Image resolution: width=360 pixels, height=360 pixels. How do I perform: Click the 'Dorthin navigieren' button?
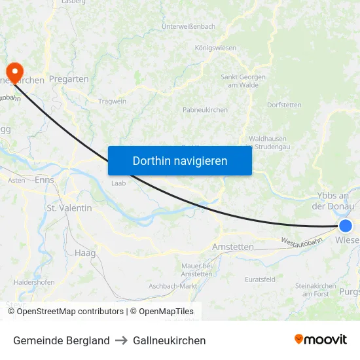coord(180,160)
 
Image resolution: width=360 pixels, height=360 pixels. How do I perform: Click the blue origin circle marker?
coord(345,226)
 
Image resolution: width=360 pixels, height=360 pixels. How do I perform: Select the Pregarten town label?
coord(69,79)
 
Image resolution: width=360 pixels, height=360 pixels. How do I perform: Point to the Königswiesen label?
coord(215,48)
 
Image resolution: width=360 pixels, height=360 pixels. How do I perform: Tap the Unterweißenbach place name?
coord(189,26)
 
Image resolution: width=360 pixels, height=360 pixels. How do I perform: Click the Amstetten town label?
coord(233,247)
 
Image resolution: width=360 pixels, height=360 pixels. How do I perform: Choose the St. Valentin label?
coord(69,207)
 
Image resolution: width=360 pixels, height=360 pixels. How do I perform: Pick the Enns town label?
coord(45,179)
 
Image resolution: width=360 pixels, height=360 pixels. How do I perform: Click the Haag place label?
coord(85,253)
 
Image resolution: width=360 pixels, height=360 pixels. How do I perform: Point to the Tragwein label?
coord(112,101)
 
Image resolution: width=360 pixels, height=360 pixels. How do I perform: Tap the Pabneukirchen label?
coord(206,110)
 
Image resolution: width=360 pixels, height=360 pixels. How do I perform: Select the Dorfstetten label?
coord(284,104)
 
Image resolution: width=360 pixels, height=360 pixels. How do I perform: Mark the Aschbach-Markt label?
coord(173,286)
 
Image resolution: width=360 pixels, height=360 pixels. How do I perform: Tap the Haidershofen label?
coord(33,282)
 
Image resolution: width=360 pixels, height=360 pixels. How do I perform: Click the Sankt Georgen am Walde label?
coord(240,81)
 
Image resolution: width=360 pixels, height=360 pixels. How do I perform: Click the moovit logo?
coord(321,340)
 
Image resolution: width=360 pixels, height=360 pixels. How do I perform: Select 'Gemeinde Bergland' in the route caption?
coord(61,340)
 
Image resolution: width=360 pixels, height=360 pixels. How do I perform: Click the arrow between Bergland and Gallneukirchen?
coord(121,340)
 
